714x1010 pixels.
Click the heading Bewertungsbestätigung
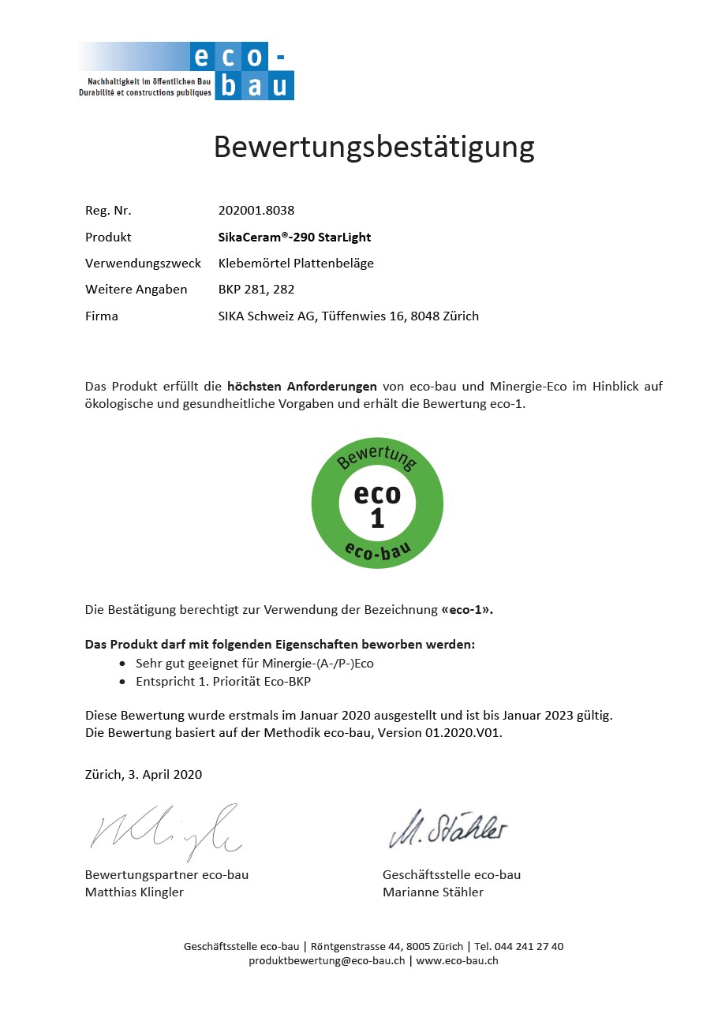(374, 148)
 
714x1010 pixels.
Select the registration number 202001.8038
(256, 211)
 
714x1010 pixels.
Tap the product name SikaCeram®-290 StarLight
(294, 237)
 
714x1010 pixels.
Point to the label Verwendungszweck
(143, 264)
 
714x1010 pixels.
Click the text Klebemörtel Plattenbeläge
(296, 264)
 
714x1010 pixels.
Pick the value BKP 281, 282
(256, 290)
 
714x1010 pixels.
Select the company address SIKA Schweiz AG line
(348, 316)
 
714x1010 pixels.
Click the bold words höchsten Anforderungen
(302, 387)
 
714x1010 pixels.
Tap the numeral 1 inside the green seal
(377, 518)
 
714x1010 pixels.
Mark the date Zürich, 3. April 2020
(144, 774)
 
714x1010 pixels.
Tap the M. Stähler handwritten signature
(447, 829)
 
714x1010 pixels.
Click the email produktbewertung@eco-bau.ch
(327, 960)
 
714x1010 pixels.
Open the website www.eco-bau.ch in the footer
(457, 960)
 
